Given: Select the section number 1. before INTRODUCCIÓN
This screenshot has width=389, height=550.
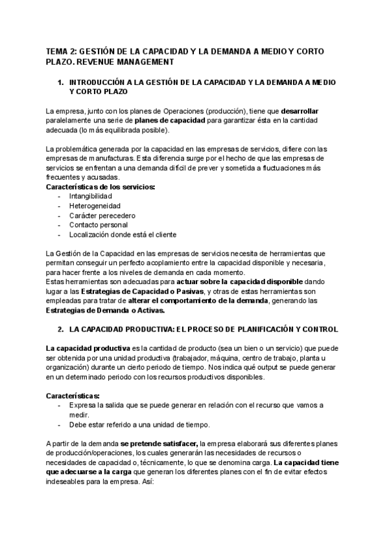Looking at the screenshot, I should click(x=60, y=83).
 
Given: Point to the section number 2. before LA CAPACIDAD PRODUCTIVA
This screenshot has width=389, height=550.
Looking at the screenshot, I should click(x=60, y=329).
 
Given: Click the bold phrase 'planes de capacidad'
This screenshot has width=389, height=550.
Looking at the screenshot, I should click(x=171, y=121).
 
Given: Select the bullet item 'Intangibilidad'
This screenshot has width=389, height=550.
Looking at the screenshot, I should click(x=90, y=196).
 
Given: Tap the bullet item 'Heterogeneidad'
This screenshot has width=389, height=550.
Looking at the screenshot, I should click(x=93, y=206).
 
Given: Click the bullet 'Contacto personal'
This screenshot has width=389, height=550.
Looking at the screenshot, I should click(x=99, y=225).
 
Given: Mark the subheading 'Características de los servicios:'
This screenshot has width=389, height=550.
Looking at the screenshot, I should click(x=100, y=187).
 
